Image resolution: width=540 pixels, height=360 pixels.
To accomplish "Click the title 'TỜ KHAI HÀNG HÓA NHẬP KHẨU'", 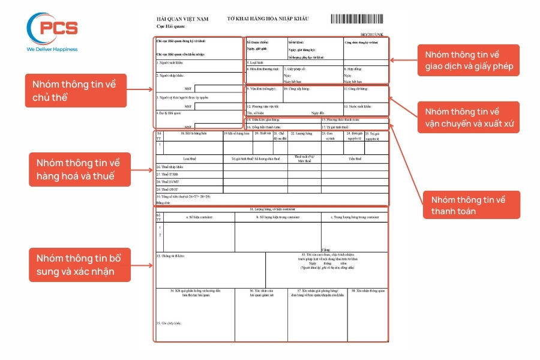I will [x=268, y=19].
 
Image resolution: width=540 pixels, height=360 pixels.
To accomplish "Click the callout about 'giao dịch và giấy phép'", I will [x=468, y=60].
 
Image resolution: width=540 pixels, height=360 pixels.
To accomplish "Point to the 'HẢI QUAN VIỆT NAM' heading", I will [x=182, y=19].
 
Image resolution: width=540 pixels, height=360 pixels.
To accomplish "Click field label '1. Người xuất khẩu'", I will [x=169, y=62].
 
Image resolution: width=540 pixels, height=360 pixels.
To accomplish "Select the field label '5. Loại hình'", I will [x=256, y=62].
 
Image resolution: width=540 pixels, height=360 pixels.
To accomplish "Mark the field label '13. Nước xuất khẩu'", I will [x=358, y=106].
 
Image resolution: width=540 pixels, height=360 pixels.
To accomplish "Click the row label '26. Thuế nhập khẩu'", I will [x=169, y=166].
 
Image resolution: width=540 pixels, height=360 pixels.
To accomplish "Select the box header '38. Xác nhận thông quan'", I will [x=368, y=290].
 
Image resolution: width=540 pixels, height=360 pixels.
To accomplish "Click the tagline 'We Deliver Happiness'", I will [x=52, y=49].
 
